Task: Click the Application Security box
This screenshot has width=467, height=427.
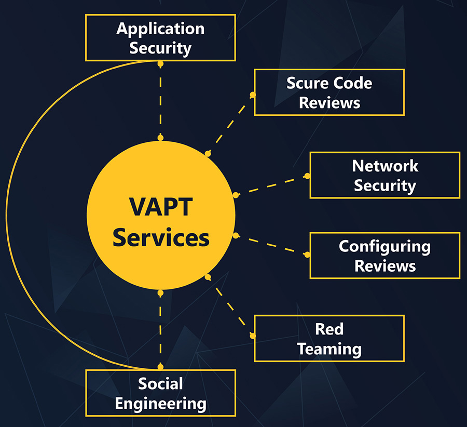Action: (x=160, y=37)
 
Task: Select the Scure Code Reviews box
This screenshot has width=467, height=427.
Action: (x=329, y=92)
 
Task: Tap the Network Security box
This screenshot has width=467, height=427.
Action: (x=384, y=175)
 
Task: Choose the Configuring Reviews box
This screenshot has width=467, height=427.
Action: (x=384, y=255)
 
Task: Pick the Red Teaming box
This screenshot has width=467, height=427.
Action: (x=329, y=338)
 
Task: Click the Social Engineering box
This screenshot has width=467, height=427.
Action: (x=160, y=393)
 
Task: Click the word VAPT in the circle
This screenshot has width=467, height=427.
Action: (x=160, y=207)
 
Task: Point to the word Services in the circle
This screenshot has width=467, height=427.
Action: (x=161, y=237)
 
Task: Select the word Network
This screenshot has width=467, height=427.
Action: (x=385, y=166)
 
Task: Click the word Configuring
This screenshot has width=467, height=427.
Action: (x=384, y=246)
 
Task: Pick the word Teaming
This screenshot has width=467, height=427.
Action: (x=329, y=348)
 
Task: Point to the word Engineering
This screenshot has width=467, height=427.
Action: (x=160, y=403)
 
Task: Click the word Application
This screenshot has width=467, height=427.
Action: (x=160, y=28)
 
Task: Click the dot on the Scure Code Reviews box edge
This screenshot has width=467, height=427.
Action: (x=253, y=95)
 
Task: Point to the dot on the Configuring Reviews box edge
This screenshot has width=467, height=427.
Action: (x=307, y=255)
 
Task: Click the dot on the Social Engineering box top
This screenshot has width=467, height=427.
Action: (x=160, y=367)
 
